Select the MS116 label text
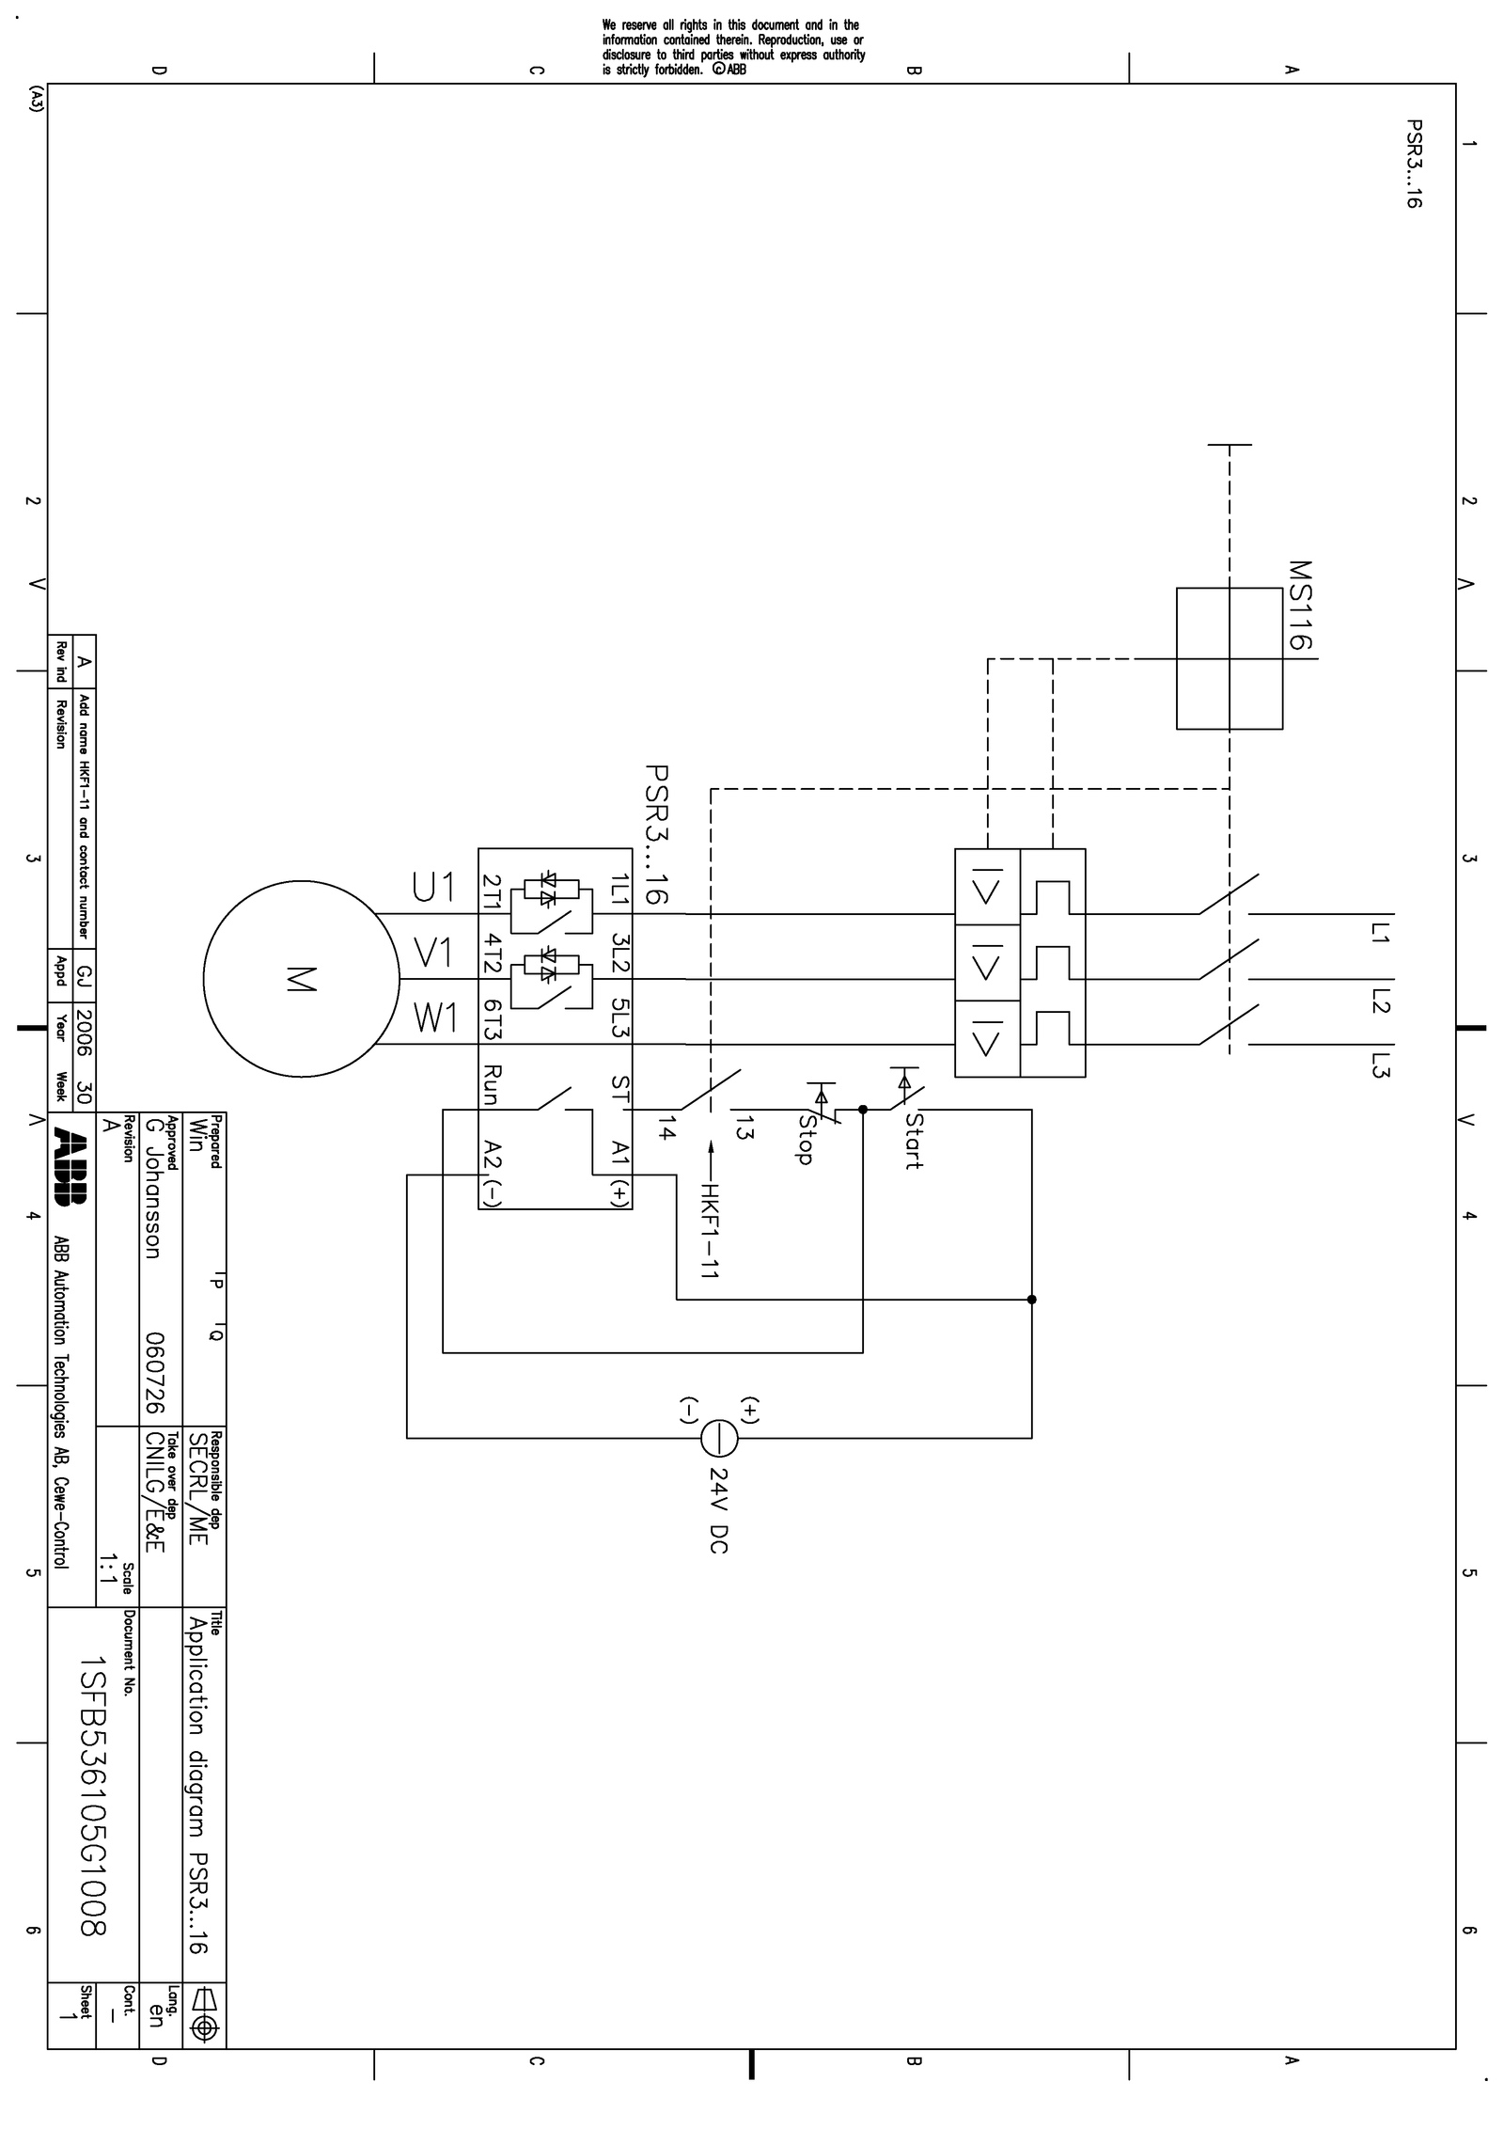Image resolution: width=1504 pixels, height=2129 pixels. click(1300, 606)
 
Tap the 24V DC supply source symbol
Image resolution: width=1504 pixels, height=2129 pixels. click(719, 1437)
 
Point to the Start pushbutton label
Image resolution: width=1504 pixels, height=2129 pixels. click(914, 1141)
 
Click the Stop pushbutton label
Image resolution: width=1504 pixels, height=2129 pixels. click(805, 1138)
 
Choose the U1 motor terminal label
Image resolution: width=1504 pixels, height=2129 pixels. click(433, 887)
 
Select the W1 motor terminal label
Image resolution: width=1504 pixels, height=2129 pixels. click(435, 1018)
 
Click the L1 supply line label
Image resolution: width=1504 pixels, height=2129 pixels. click(1380, 933)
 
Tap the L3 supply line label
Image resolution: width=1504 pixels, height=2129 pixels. click(1380, 1065)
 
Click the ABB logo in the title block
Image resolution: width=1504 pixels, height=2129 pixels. click(71, 1166)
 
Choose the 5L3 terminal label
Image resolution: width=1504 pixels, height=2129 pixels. click(619, 1018)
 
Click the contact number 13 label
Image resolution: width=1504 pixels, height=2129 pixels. click(744, 1127)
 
